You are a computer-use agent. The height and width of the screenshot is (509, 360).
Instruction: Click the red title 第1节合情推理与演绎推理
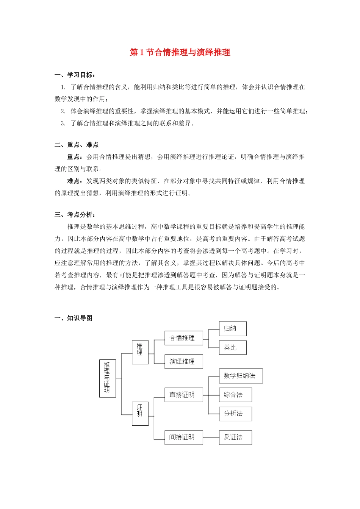click(x=180, y=52)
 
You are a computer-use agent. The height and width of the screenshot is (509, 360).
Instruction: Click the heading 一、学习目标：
click(x=75, y=75)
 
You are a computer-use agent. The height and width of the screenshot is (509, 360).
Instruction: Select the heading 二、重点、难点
click(x=77, y=145)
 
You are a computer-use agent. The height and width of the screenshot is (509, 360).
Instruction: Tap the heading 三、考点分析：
click(x=75, y=215)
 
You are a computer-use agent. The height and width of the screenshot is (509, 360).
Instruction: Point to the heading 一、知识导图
click(x=74, y=318)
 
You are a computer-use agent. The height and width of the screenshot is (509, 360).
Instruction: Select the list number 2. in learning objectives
click(x=63, y=111)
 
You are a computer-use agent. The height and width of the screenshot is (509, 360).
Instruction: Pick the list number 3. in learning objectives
click(x=63, y=123)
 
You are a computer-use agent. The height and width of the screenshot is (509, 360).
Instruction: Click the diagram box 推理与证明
click(x=108, y=378)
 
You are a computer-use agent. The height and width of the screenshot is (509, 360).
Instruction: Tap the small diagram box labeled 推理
click(x=140, y=352)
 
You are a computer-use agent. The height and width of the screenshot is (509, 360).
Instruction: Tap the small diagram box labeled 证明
click(x=140, y=414)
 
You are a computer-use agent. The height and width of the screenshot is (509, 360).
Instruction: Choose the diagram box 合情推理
click(x=184, y=338)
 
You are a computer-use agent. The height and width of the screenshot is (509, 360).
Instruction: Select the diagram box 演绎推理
click(x=184, y=362)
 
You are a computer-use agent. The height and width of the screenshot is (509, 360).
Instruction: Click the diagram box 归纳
click(x=233, y=329)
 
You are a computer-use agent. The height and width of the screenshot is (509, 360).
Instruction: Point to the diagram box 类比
click(x=233, y=348)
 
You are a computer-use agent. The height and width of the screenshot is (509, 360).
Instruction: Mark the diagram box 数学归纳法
click(x=241, y=376)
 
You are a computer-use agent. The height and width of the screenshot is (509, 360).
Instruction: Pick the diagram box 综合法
click(x=235, y=395)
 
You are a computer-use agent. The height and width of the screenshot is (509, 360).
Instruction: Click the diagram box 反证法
click(x=235, y=437)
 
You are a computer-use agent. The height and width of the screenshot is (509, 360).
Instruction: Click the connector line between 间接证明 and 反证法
click(x=211, y=437)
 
